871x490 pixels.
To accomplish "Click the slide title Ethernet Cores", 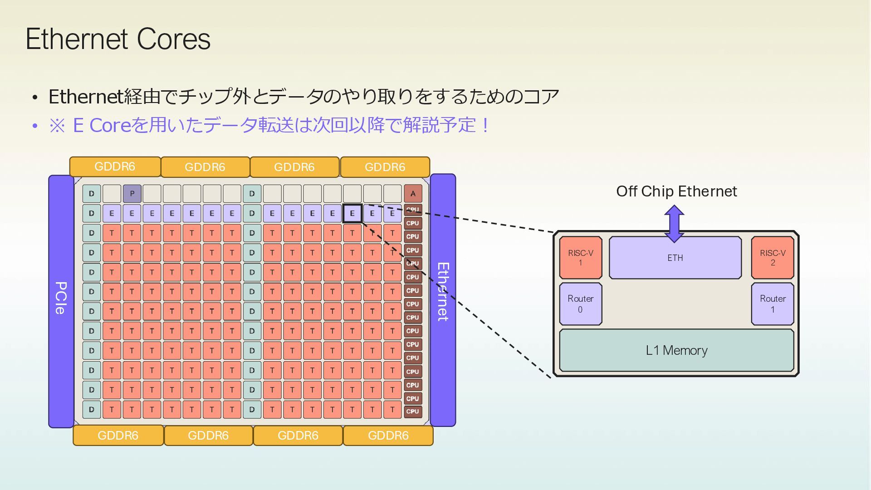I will (118, 39).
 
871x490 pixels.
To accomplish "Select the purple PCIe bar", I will (61, 301).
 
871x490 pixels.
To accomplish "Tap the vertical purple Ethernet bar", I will (443, 299).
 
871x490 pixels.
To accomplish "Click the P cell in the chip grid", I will (132, 194).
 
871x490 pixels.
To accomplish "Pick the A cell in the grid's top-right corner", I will (413, 194).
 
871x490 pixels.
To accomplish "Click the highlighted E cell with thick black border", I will (352, 213).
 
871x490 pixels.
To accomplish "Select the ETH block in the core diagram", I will (675, 258).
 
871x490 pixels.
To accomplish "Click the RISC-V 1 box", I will (580, 258).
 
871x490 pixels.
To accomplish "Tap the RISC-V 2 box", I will (773, 258).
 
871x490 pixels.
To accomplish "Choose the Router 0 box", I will (580, 304).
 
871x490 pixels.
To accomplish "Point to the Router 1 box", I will (773, 304).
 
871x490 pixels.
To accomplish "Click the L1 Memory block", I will (676, 350).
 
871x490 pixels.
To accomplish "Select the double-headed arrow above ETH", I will (674, 223).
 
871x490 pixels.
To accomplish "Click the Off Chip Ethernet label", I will (676, 191).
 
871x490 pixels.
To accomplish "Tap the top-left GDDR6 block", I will (115, 167).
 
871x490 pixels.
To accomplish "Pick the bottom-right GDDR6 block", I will (388, 436).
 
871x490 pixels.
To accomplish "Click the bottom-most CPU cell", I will (413, 412).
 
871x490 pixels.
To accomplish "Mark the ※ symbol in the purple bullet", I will (57, 126).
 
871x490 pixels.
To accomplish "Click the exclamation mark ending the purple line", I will (486, 125).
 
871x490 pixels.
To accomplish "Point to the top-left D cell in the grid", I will (92, 194).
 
